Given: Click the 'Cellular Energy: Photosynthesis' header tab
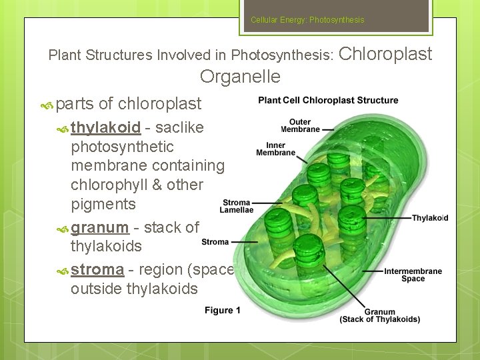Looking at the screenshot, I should pyautogui.click(x=307, y=20).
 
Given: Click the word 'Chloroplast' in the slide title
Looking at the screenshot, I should pyautogui.click(x=386, y=54).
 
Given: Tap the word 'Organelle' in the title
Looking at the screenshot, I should pyautogui.click(x=240, y=77).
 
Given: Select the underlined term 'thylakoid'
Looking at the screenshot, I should pyautogui.click(x=105, y=127).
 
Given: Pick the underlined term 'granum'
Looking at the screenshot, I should pyautogui.click(x=99, y=227).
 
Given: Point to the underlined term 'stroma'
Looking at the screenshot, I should pyautogui.click(x=97, y=269).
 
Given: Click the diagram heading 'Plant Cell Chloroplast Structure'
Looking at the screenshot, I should pyautogui.click(x=328, y=101).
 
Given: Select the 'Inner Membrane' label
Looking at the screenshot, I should pyautogui.click(x=275, y=149).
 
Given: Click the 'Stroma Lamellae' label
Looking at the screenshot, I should pyautogui.click(x=236, y=206).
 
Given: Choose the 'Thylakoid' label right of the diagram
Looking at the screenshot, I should pyautogui.click(x=429, y=218).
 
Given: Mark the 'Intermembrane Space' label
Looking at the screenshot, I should pyautogui.click(x=413, y=275).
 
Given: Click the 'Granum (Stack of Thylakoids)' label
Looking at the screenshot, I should pyautogui.click(x=379, y=315).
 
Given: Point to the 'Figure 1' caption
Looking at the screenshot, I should pyautogui.click(x=223, y=310).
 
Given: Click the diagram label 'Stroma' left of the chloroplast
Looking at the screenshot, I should pyautogui.click(x=215, y=242).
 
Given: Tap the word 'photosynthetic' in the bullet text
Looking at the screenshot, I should pyautogui.click(x=122, y=147).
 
